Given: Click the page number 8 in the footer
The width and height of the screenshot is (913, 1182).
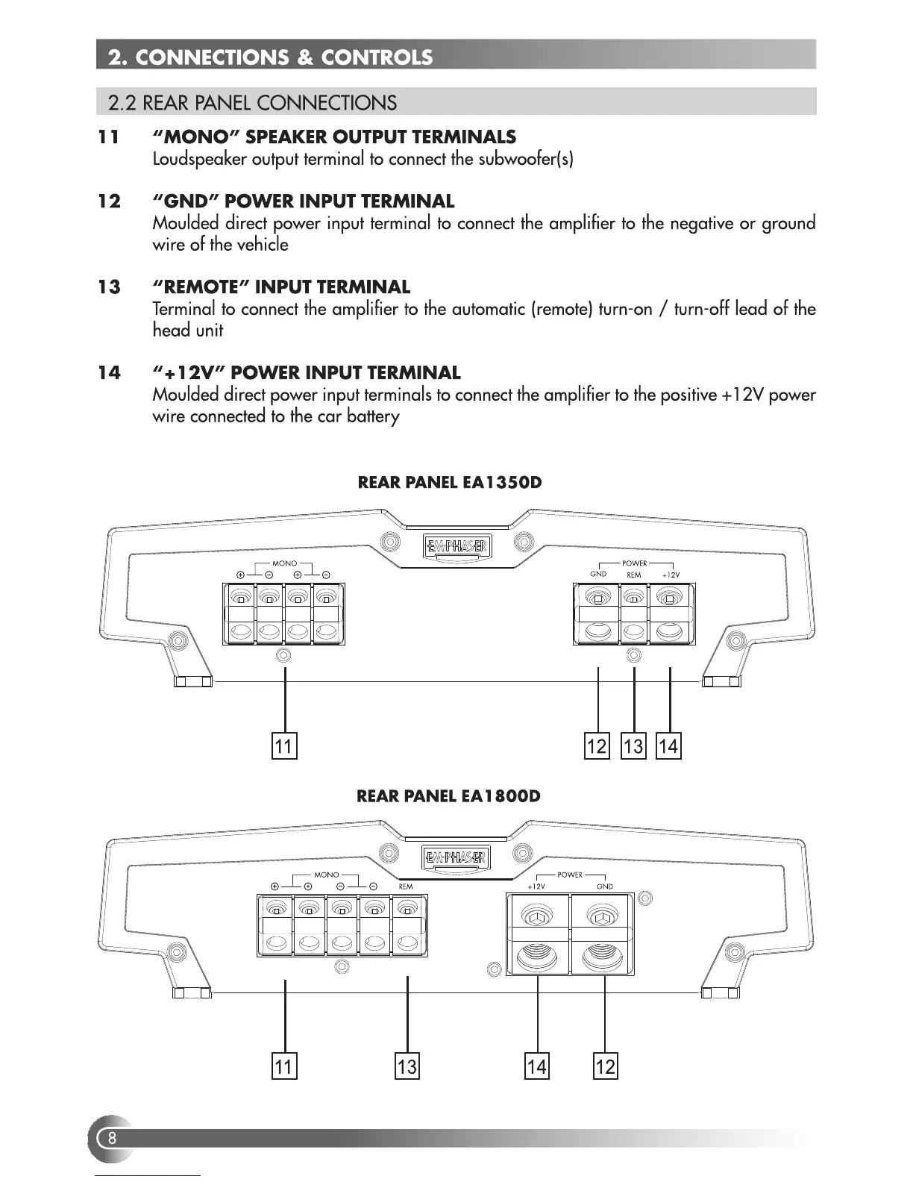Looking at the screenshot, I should pyautogui.click(x=112, y=1138).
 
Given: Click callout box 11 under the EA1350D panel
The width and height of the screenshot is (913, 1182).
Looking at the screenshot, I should pyautogui.click(x=283, y=745).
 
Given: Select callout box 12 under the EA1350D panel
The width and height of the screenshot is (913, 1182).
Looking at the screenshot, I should pyautogui.click(x=597, y=745).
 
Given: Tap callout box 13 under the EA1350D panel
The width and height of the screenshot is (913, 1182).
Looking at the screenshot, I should pyautogui.click(x=633, y=745).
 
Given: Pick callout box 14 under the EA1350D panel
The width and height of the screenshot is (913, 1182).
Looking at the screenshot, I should pyautogui.click(x=668, y=745).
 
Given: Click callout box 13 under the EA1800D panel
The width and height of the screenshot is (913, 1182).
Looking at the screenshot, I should pyautogui.click(x=407, y=1066).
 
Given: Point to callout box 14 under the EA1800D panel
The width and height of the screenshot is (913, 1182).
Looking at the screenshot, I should pyautogui.click(x=536, y=1066).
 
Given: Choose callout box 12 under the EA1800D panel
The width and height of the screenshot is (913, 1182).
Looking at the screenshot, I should pyautogui.click(x=605, y=1066).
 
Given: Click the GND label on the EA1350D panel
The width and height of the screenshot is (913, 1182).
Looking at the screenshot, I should pyautogui.click(x=598, y=574).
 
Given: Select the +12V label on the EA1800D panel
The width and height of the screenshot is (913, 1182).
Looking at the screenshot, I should pyautogui.click(x=536, y=886).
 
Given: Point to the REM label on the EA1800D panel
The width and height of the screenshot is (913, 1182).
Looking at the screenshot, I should pyautogui.click(x=406, y=886).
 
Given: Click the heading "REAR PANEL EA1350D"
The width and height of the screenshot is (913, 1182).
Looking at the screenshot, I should pyautogui.click(x=450, y=482).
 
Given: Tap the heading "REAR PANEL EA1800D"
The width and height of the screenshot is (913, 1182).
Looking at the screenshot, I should pyautogui.click(x=449, y=795).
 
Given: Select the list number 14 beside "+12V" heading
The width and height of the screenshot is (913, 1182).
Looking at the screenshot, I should pyautogui.click(x=109, y=373).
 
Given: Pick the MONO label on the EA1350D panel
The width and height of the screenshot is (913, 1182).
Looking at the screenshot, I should pyautogui.click(x=284, y=563).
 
